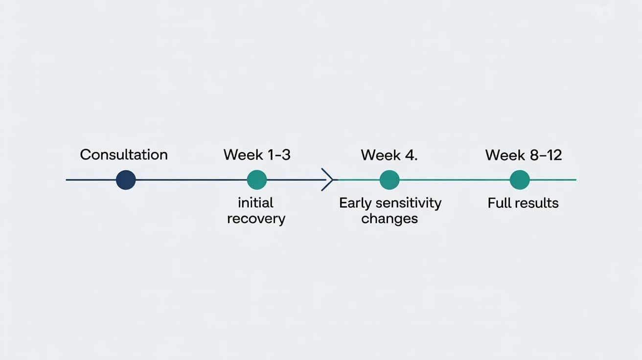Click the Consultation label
(x=124, y=155)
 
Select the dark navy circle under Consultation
(x=126, y=180)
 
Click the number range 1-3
(x=278, y=155)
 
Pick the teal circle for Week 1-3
(x=257, y=180)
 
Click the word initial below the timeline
(x=255, y=202)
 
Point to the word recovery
(x=256, y=219)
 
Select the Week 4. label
(x=389, y=155)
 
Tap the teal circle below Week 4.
(x=390, y=180)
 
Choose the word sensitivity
(x=409, y=203)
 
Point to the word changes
(x=390, y=219)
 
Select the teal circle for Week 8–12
(x=520, y=180)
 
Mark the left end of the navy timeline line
(x=67, y=180)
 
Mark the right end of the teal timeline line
(x=575, y=180)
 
